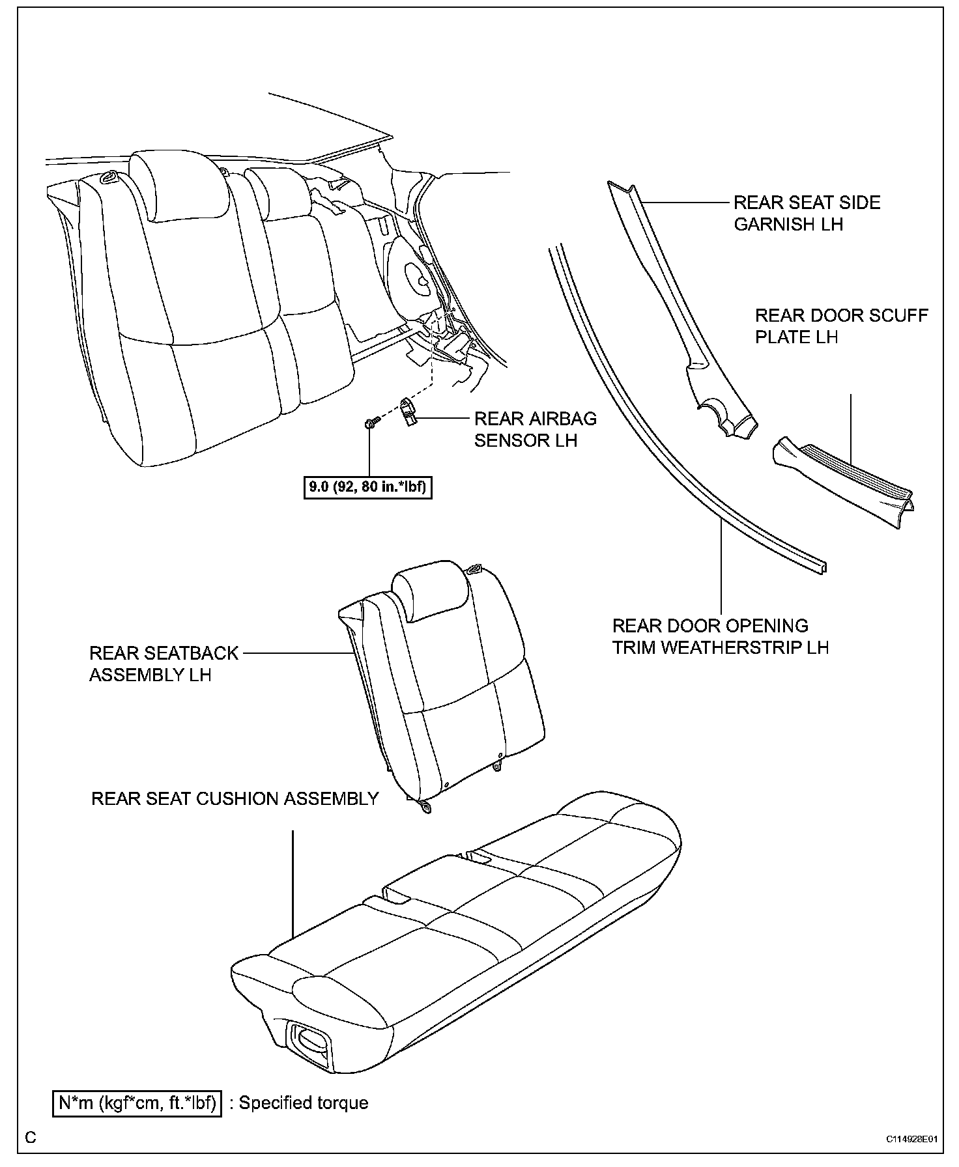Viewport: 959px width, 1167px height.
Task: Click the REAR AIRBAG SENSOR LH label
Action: [x=535, y=429]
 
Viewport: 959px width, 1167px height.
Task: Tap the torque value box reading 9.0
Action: [x=368, y=486]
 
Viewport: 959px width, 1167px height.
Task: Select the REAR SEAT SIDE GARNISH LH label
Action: [x=807, y=213]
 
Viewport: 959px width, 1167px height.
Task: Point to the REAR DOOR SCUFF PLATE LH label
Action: [x=841, y=326]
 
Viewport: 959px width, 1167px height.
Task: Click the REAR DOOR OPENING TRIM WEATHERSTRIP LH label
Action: [x=720, y=636]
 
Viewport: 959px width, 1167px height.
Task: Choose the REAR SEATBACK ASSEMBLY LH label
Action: [x=164, y=664]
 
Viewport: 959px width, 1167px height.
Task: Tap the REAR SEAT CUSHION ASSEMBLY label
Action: [x=235, y=798]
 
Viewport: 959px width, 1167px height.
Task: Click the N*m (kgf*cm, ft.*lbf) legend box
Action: [x=137, y=1103]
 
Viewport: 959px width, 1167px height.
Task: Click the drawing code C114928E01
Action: [x=911, y=1139]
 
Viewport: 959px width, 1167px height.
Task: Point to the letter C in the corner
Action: [x=31, y=1138]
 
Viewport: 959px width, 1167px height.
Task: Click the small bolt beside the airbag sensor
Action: [x=369, y=424]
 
